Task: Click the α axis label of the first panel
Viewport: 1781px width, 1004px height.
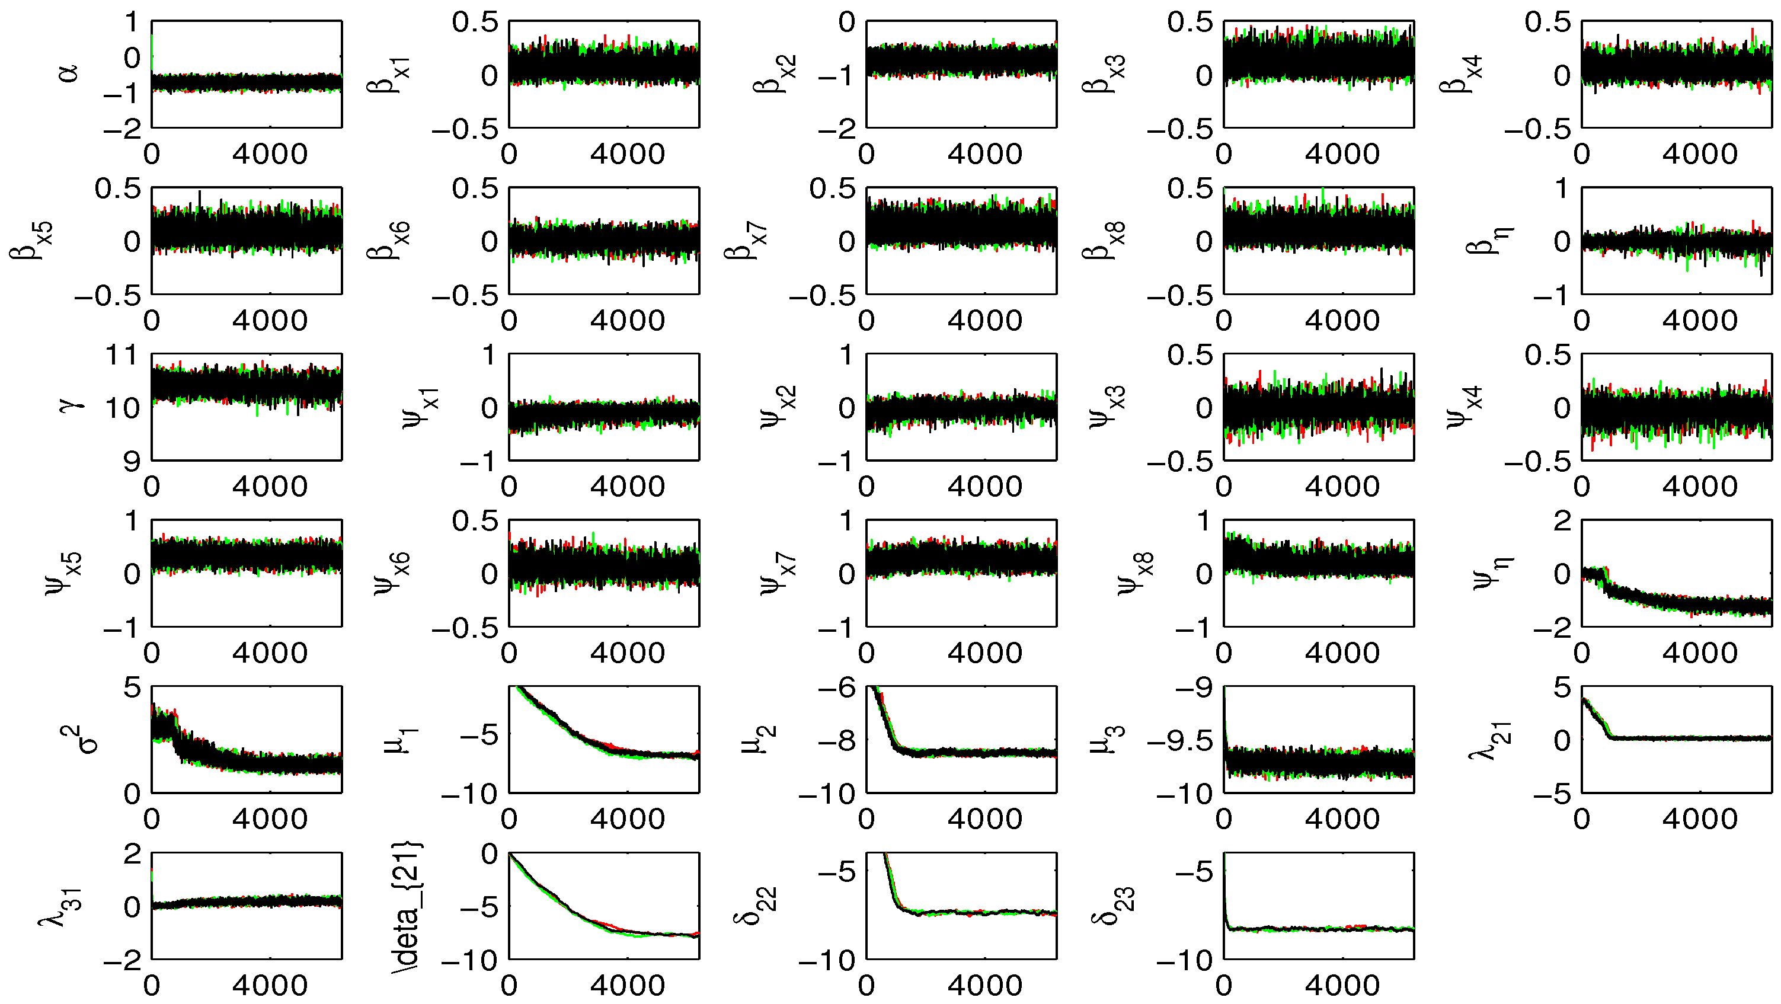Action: [x=70, y=73]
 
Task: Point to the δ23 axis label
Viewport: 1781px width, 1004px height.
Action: [x=1114, y=905]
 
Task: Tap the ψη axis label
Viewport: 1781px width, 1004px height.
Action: [x=1489, y=573]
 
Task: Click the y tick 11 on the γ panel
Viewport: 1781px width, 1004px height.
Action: [x=122, y=356]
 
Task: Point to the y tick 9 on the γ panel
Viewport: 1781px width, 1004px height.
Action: [x=132, y=461]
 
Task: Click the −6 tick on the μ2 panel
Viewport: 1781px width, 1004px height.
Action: [x=837, y=688]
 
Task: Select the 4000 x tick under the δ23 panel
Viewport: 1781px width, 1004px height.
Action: [x=1342, y=985]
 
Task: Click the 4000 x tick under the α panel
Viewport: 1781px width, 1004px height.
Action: [x=270, y=154]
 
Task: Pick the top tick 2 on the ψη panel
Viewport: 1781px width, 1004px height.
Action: [x=1562, y=522]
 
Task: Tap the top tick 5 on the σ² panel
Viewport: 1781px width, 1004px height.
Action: [x=132, y=688]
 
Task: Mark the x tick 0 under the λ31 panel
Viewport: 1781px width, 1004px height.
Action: [x=151, y=985]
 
